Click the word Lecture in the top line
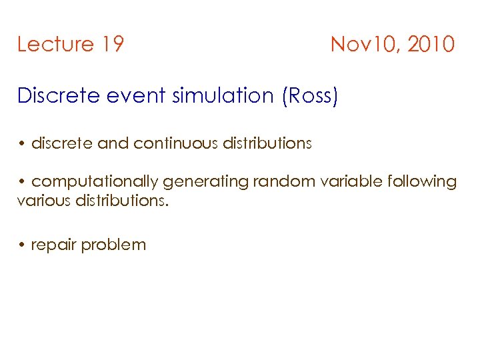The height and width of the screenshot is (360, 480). tap(55, 45)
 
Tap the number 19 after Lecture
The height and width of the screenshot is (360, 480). tap(113, 45)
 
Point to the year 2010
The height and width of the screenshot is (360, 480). tap(431, 45)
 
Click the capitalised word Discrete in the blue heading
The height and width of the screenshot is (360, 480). tap(59, 96)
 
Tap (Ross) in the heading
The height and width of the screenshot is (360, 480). tap(311, 96)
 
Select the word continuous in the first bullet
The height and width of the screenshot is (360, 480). tap(178, 143)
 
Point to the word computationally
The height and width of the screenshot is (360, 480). tap(94, 182)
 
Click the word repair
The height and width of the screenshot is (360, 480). tap(53, 245)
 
